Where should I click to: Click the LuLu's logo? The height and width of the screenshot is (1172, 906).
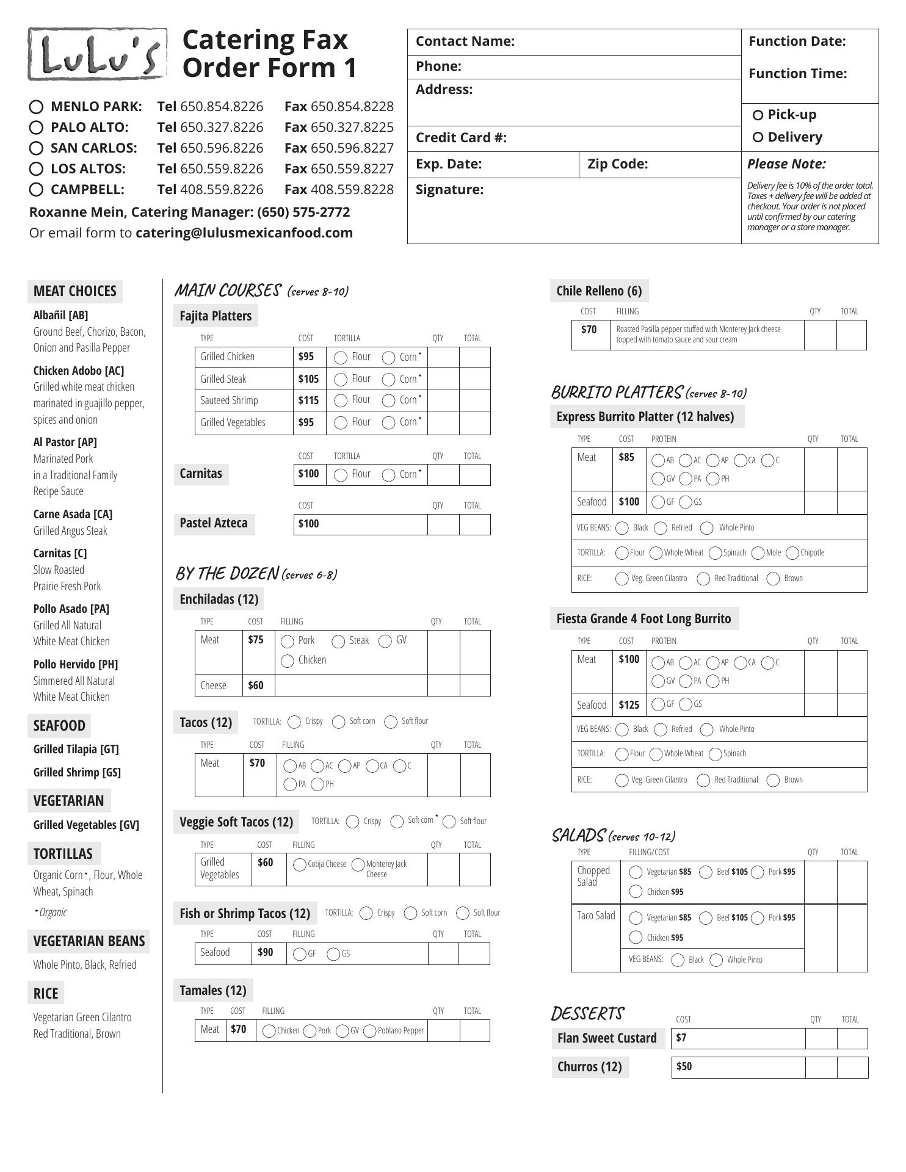tap(97, 54)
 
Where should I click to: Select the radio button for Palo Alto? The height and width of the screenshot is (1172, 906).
tap(36, 128)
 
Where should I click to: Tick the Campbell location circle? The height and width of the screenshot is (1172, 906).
tap(36, 190)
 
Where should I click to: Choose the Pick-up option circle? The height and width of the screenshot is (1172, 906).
tap(758, 115)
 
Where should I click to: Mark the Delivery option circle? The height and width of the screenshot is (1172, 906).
tap(758, 137)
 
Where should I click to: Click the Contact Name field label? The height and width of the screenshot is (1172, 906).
tap(465, 42)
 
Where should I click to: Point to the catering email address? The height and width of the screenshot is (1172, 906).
tap(244, 233)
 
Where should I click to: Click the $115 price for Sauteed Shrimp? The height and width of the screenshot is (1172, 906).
tap(308, 400)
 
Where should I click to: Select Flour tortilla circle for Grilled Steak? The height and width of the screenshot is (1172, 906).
tap(341, 380)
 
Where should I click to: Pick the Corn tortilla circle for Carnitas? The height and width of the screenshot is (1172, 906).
tap(388, 475)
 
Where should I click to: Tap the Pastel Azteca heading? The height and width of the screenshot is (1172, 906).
tap(214, 523)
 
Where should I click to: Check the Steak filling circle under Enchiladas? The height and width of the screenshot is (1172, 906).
tap(338, 642)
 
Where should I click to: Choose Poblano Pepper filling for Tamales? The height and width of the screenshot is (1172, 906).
tap(370, 1031)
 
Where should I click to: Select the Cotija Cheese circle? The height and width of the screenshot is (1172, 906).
tap(300, 865)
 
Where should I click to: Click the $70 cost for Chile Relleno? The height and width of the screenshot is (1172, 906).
tap(589, 330)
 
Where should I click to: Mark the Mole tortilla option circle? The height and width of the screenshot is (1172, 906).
tap(758, 553)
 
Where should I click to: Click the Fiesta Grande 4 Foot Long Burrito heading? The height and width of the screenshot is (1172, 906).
tap(643, 619)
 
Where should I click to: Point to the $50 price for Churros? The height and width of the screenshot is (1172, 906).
tap(684, 1066)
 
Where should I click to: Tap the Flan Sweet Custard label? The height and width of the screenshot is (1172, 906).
tap(607, 1038)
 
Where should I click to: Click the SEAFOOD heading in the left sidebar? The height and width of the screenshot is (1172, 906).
tap(59, 726)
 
